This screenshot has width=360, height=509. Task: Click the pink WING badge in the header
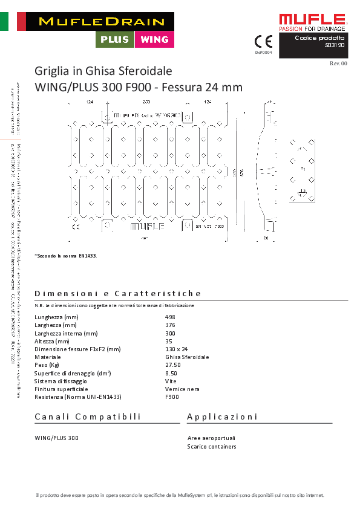(x=154, y=40)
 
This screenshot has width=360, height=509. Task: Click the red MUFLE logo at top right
(x=312, y=21)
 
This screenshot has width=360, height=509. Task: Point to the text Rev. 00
(x=338, y=63)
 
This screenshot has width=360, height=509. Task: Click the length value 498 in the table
(x=170, y=317)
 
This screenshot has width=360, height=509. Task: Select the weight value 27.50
(x=173, y=365)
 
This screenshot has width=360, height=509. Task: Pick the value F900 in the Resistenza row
(x=172, y=397)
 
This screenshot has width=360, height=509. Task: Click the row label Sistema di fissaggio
(x=61, y=381)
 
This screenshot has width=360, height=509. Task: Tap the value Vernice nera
(x=182, y=389)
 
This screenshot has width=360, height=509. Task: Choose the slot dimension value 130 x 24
(x=177, y=349)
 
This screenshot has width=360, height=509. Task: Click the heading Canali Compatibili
(x=88, y=417)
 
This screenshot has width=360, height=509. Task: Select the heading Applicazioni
(x=222, y=417)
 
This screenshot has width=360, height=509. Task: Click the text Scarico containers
(x=212, y=447)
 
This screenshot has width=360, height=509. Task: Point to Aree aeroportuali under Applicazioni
(x=211, y=438)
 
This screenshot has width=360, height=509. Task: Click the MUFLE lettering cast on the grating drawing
(x=145, y=227)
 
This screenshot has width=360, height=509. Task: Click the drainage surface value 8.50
(x=171, y=374)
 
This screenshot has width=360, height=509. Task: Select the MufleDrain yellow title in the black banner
(x=101, y=21)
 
